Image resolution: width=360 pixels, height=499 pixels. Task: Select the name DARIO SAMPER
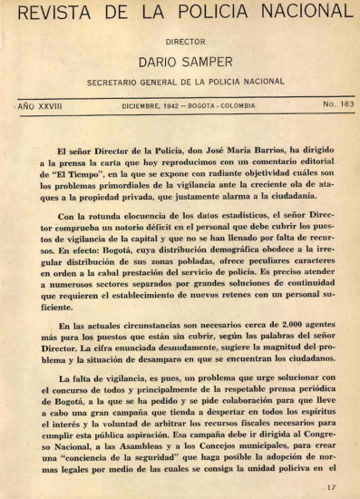click(x=181, y=62)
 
